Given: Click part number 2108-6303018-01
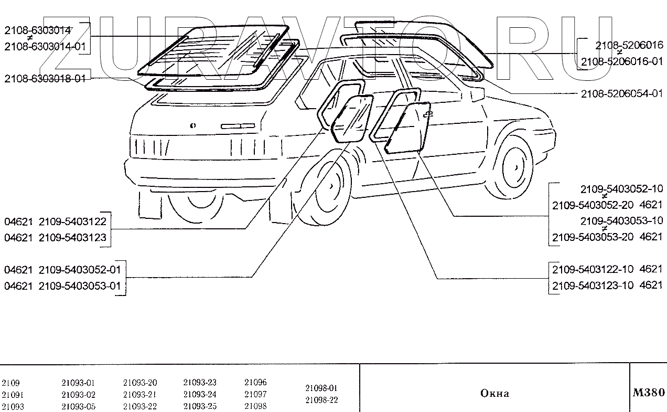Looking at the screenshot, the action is tap(45, 79).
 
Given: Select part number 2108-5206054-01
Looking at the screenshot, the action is tap(621, 94).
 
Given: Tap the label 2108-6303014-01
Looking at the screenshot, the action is tap(45, 47).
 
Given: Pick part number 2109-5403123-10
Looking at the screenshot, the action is tap(593, 285).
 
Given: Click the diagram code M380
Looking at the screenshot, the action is tap(649, 393).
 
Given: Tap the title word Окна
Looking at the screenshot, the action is tap(494, 393).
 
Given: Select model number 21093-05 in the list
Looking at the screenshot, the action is tap(78, 406).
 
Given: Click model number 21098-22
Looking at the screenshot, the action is tap(321, 400).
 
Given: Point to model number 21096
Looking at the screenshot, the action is tap(255, 383).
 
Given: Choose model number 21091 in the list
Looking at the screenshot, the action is tap(13, 395).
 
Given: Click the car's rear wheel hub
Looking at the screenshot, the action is tap(332, 186).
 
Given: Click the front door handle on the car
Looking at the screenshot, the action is tap(428, 113).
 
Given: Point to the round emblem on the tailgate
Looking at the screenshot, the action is tap(192, 126).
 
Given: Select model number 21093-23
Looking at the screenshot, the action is tap(200, 383).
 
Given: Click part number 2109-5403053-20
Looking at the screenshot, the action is tap(594, 237).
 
